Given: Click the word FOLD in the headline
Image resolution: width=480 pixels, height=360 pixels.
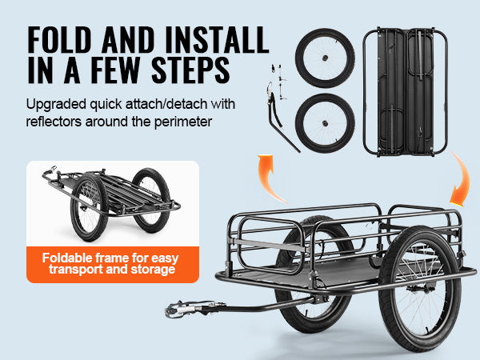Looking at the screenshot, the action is point(59,40).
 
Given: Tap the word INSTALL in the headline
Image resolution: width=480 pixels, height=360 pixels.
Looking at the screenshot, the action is point(217,40).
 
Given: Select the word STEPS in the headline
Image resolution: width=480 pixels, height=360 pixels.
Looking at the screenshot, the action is point(190,70).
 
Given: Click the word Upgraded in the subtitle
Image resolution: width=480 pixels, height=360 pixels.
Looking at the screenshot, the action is point(56,105).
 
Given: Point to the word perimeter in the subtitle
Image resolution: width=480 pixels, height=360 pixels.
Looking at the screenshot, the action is point(182,122).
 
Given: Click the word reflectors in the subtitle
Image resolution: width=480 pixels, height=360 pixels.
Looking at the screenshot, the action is point(54,122).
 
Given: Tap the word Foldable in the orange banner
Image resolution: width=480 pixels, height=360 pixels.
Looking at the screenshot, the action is point(66,258).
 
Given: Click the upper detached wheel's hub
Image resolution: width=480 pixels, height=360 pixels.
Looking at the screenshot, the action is point(325,58).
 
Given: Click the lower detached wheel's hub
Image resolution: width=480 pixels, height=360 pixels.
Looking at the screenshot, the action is point(325,123).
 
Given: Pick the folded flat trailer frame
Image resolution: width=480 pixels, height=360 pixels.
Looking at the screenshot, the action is point(406,92).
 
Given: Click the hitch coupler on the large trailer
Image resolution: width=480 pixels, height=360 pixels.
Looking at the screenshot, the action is point(181,308).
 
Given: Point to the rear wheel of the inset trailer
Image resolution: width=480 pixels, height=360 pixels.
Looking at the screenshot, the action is point(151,200).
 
